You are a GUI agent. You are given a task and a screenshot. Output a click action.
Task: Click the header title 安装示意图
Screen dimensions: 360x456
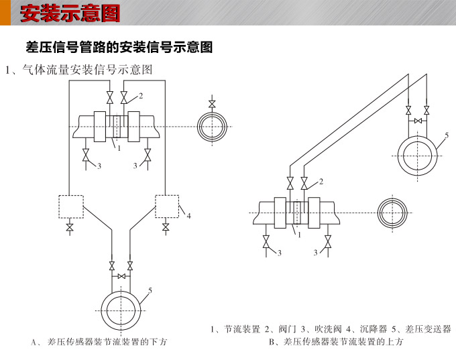(x=70, y=13)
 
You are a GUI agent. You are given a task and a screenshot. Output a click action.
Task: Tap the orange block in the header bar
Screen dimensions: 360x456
(x=5, y=13)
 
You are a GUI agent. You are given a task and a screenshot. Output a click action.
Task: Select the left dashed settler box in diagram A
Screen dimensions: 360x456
(x=70, y=205)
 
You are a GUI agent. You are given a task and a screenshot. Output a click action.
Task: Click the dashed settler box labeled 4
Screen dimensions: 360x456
(x=166, y=205)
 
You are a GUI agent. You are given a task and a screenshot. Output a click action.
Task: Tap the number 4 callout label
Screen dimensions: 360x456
(x=189, y=216)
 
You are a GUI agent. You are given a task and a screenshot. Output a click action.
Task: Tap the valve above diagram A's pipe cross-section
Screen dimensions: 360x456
(x=213, y=104)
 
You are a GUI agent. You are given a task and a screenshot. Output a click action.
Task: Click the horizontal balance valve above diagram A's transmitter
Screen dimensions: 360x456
(x=121, y=276)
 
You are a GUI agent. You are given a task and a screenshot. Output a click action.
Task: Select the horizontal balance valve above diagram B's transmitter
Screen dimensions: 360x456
(x=417, y=121)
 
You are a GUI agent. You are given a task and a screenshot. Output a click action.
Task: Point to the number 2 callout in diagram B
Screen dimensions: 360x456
(x=321, y=182)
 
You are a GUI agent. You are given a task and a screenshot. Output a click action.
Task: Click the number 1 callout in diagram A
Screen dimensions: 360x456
(x=119, y=148)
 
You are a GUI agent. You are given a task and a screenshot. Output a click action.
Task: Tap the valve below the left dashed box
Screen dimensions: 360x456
(x=70, y=229)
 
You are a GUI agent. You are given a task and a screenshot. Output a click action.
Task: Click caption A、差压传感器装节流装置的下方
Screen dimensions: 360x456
(x=99, y=343)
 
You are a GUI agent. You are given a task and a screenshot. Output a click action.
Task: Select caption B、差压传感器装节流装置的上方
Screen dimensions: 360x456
(x=335, y=342)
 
